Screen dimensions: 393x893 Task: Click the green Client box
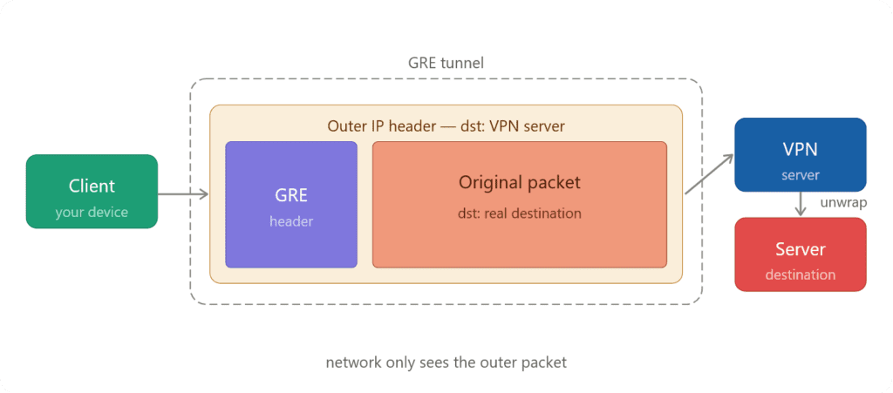pos(92,191)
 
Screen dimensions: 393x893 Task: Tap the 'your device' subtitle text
pos(92,212)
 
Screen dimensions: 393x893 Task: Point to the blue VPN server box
pos(800,154)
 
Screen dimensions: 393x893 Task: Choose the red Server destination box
pos(800,254)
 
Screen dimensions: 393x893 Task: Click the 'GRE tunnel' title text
pos(446,63)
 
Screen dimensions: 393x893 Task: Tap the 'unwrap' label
pos(842,203)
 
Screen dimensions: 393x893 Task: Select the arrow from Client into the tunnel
pos(183,194)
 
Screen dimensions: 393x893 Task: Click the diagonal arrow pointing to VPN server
pos(708,173)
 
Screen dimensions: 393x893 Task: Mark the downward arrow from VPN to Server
pos(800,204)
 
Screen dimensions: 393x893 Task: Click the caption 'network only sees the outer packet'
pos(446,362)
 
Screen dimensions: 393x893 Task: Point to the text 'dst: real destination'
pos(519,213)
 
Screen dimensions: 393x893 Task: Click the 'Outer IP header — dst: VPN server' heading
pos(446,126)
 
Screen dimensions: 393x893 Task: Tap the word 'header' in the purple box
pos(291,221)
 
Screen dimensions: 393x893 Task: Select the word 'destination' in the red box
pos(800,274)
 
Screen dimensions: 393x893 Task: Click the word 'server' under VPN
pos(800,175)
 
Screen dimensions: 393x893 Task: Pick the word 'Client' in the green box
pos(92,186)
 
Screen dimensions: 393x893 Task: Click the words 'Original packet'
pos(519,183)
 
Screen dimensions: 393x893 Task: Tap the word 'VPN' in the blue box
pos(800,148)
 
